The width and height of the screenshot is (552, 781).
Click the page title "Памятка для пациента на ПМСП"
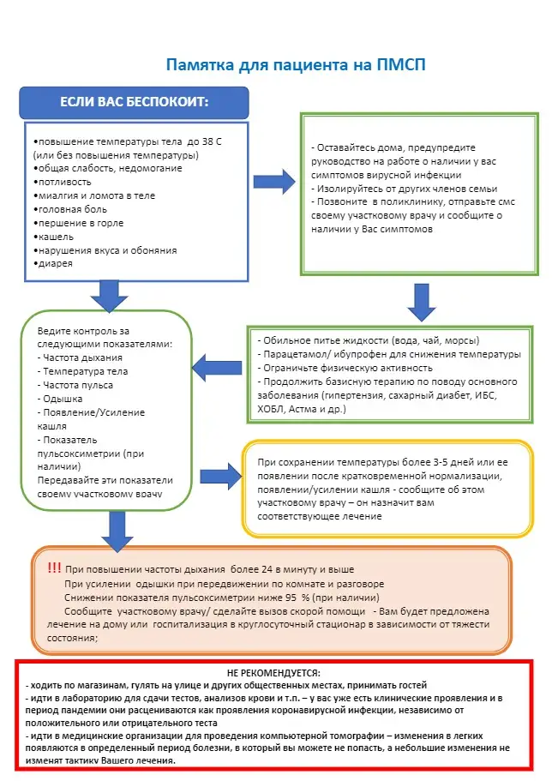[295, 65]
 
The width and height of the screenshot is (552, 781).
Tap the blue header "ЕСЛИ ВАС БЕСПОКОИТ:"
[134, 102]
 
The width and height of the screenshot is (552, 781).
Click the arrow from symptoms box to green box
[273, 180]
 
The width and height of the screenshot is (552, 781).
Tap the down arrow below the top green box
[423, 300]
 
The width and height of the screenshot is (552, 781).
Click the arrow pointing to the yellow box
[219, 473]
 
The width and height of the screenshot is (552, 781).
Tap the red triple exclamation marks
[54, 568]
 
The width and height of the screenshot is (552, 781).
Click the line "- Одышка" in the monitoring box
[61, 400]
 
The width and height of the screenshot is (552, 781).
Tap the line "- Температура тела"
[83, 372]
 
